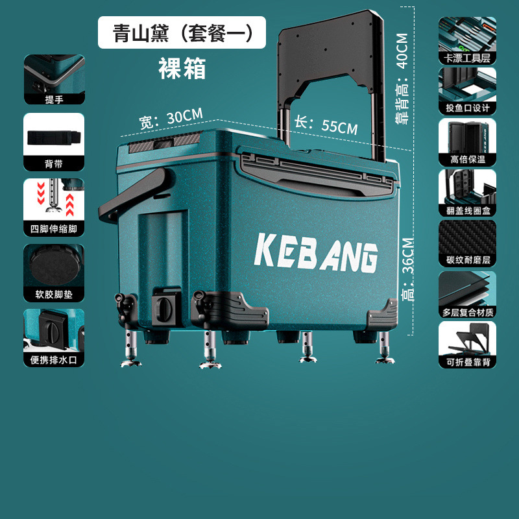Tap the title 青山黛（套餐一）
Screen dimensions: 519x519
pos(182,32)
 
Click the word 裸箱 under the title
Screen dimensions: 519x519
pos(182,69)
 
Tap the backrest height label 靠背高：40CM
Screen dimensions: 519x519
pos(402,78)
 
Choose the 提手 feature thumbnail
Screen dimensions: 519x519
pos(54,79)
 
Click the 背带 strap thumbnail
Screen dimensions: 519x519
pos(54,141)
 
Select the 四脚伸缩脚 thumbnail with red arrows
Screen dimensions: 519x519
pos(54,206)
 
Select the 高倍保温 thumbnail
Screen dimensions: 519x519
pos(467,141)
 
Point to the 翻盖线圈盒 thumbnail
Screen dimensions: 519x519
pos(467,192)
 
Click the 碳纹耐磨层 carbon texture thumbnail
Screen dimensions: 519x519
pos(467,243)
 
